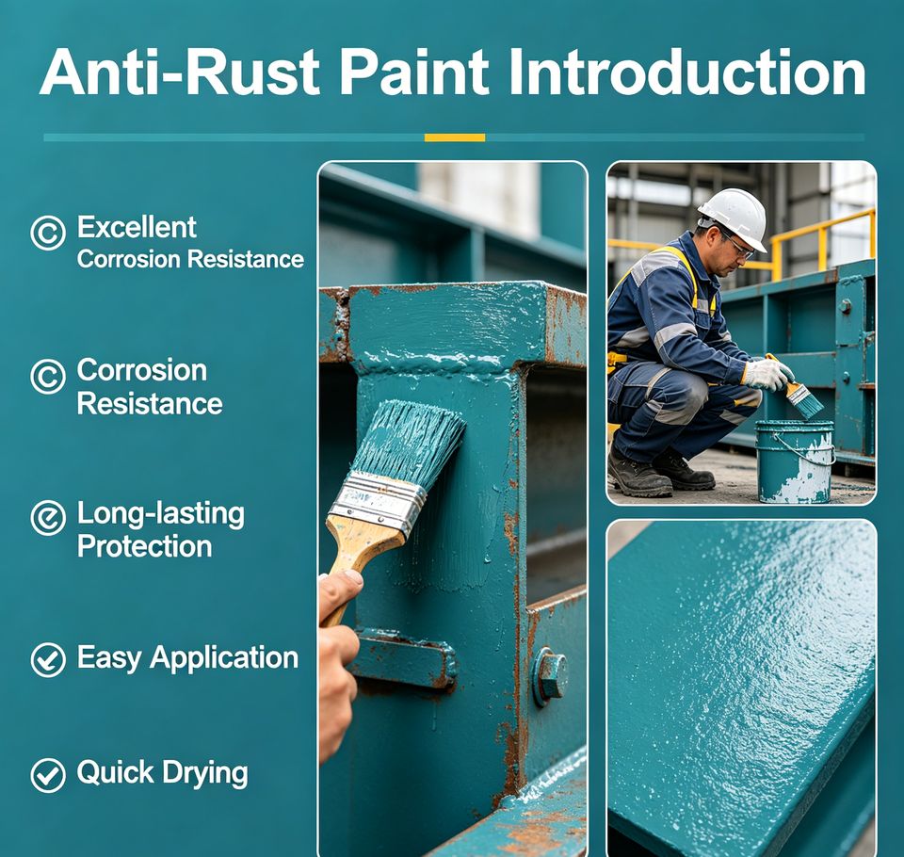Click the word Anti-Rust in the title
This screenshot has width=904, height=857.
tap(179, 73)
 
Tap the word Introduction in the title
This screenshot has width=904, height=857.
tap(687, 73)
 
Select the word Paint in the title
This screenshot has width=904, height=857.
tap(414, 73)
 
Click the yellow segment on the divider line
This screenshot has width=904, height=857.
tap(455, 137)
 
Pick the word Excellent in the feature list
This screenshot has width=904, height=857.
tap(137, 227)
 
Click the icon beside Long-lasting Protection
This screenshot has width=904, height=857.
tap(48, 518)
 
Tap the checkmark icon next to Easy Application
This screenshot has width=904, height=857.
tap(48, 660)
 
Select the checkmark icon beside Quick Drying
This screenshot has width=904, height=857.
tap(48, 775)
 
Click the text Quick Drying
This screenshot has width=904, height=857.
tap(162, 774)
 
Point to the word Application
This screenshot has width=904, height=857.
tap(224, 658)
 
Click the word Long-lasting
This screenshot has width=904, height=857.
tap(161, 514)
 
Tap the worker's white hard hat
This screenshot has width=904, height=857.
tap(734, 218)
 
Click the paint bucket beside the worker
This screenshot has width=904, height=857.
tap(795, 461)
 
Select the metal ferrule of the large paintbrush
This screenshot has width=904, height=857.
tap(378, 501)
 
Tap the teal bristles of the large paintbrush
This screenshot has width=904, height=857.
tap(410, 442)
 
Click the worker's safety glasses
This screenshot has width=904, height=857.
tap(736, 247)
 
